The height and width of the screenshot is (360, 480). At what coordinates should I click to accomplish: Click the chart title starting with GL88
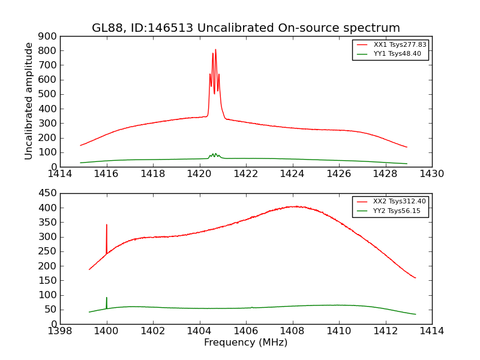coord(245,28)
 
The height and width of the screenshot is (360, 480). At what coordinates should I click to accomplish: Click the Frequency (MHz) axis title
coord(245,343)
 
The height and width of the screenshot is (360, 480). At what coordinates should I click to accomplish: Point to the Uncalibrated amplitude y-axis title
coord(29,101)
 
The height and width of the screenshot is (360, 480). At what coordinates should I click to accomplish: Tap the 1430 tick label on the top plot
coord(431,174)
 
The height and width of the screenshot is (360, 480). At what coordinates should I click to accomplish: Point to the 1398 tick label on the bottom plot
coord(60,331)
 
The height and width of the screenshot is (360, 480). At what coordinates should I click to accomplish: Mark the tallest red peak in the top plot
coord(215,50)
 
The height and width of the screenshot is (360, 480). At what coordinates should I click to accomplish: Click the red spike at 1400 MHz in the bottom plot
coord(107,226)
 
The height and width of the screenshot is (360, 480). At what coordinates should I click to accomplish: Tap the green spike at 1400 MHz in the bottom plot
coord(107,298)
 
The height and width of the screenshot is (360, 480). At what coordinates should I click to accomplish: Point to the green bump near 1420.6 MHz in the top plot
coord(214,154)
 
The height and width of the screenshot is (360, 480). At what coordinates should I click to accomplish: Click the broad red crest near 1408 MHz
coord(294,206)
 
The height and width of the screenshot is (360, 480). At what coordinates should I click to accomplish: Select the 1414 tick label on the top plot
coord(60,174)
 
